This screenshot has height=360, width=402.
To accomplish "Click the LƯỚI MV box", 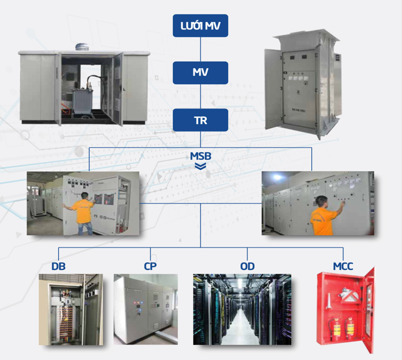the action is (200, 26).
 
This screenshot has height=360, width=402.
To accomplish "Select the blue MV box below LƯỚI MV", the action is (200, 73).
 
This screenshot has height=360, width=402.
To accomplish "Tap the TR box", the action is (200, 120).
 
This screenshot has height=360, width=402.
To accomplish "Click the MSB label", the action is (200, 156).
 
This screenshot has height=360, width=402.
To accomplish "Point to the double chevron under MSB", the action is (200, 166).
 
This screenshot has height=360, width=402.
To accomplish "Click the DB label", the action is (58, 267).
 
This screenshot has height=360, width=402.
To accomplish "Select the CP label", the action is (150, 267).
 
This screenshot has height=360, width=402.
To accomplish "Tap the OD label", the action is (247, 267).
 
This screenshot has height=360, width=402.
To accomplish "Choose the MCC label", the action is (343, 267).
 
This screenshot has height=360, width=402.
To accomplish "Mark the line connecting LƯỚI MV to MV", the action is (200, 50).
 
